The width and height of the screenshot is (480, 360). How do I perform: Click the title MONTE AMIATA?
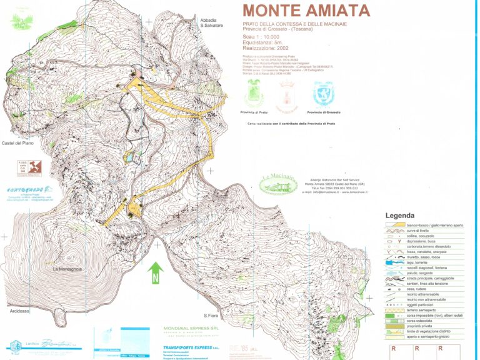[x=306, y=11]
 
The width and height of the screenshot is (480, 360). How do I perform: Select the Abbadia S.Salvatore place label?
[x=211, y=23]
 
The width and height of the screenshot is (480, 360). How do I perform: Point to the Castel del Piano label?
[x=17, y=143]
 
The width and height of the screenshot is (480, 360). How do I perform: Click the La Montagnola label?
[x=67, y=269]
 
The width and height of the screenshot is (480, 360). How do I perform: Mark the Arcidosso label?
[x=20, y=311]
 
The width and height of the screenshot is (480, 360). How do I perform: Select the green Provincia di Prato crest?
[x=256, y=94]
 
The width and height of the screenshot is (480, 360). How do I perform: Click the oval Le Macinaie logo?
[x=278, y=183]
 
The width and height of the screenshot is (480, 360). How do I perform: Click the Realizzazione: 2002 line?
[x=266, y=48]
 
